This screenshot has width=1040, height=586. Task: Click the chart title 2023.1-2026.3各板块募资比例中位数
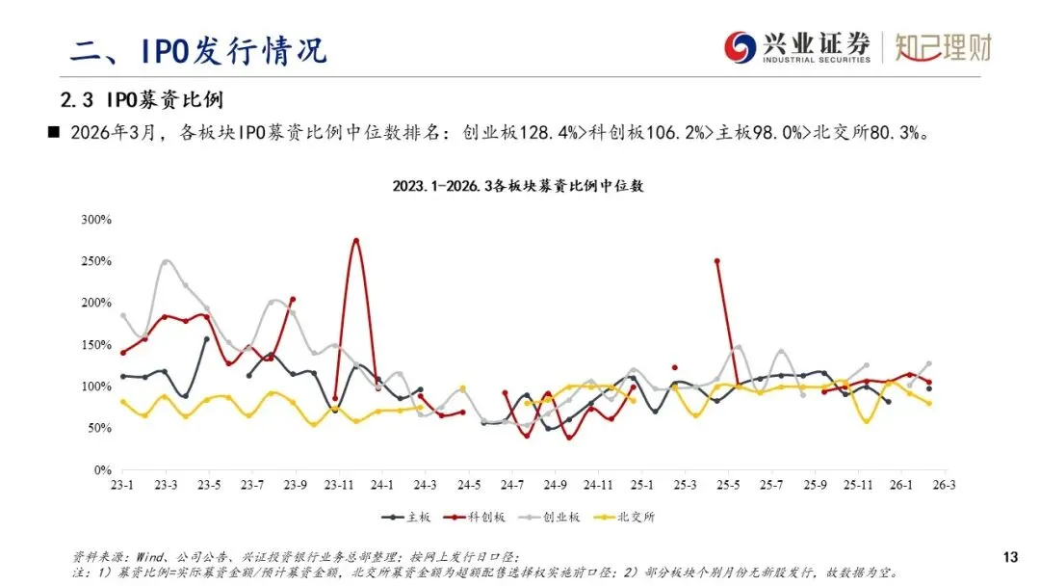point(517,186)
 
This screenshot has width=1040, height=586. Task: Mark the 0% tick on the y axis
point(102,470)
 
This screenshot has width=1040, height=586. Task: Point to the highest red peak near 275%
point(356,240)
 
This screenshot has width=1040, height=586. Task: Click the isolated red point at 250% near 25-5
point(716,261)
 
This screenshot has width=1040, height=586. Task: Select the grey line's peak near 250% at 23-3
point(166,261)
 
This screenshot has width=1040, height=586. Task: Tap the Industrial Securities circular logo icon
point(741,46)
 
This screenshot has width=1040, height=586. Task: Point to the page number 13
point(1010,557)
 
